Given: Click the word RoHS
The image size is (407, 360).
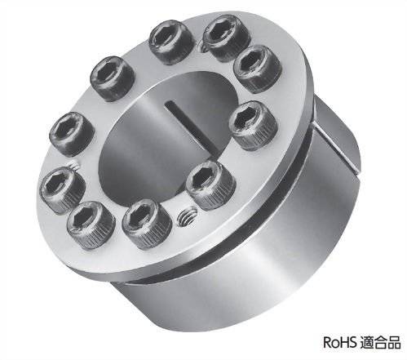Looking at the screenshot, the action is (x=339, y=342).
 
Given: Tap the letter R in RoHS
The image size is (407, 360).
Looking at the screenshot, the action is (x=327, y=342).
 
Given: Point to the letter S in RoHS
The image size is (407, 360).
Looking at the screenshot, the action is (x=352, y=342).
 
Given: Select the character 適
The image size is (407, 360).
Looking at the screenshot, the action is (x=366, y=343).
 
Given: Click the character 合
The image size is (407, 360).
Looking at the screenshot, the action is (x=380, y=343).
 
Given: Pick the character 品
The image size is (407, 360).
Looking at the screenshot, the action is (x=394, y=343).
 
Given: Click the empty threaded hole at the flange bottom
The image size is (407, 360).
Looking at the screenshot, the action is (x=188, y=216).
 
